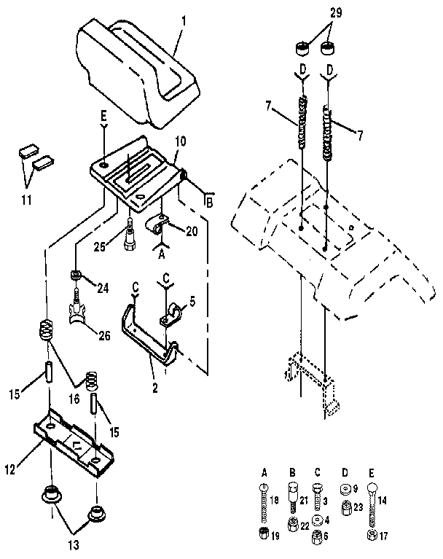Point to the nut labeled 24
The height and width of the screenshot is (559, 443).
pos(74,275)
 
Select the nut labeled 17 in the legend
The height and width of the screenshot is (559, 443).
pos(372,536)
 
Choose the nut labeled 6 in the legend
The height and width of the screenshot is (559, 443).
pos(318,536)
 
